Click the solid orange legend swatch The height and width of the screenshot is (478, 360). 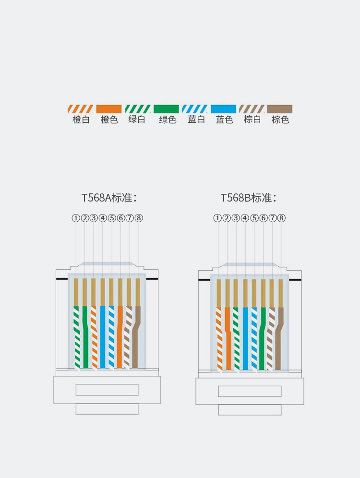tap(109, 109)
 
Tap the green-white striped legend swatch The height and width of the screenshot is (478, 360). tap(138, 109)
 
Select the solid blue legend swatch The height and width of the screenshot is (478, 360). tap(223, 109)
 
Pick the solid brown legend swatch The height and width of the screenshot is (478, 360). tap(279, 109)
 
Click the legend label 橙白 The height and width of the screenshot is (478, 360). tap(81, 119)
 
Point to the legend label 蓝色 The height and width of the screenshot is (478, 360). tap(224, 119)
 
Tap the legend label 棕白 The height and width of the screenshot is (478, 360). tap(252, 119)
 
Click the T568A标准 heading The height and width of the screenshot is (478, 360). tap(109, 198)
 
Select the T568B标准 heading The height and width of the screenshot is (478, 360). tap(249, 198)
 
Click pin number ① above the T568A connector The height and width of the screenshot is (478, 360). tap(75, 218)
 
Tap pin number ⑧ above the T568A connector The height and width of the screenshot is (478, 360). tap(139, 218)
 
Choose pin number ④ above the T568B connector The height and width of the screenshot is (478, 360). tap(245, 218)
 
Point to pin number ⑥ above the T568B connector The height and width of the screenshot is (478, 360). tap(264, 218)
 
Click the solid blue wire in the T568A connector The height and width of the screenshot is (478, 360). tap(103, 337)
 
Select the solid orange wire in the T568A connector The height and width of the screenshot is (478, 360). tap(120, 337)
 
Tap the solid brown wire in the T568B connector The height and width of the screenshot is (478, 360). tap(278, 338)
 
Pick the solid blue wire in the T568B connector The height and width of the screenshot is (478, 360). tap(245, 338)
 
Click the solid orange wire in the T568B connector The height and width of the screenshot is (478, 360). tap(228, 338)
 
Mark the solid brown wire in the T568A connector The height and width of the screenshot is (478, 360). tap(136, 337)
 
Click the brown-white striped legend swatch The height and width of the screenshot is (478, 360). tap(252, 109)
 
